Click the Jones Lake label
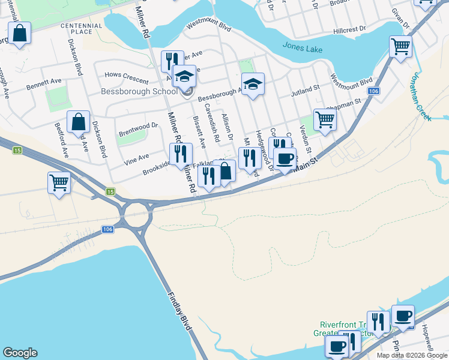(x=303, y=46)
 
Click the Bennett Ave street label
(x=44, y=85)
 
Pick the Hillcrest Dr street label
(x=350, y=29)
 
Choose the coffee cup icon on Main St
(x=285, y=158)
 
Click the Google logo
(x=20, y=353)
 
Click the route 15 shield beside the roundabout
(x=110, y=191)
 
